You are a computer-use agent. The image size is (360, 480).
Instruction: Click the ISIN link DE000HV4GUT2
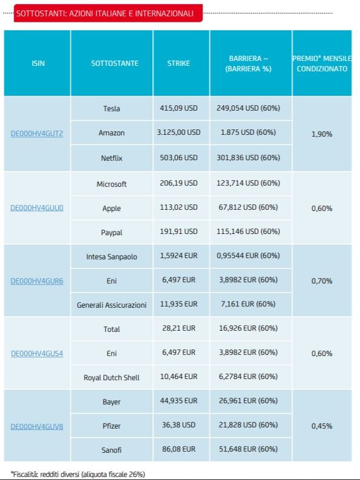37,134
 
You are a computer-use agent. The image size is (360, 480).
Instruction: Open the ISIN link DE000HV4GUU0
37,208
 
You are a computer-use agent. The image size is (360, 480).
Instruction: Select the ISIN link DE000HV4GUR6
37,281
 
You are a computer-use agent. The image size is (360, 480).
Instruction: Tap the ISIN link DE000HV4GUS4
37,354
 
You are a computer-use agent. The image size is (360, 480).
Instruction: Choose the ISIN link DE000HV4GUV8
37,426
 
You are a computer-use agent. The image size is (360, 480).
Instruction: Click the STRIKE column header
178,63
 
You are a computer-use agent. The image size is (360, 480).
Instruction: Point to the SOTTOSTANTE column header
115,63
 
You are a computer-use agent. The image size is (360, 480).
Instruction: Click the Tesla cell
111,108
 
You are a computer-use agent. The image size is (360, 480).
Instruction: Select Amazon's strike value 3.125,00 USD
178,132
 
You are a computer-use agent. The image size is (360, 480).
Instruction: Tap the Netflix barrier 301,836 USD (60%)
248,158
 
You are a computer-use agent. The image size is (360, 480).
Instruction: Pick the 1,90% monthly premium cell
322,134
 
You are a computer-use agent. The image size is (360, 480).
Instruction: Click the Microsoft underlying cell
111,184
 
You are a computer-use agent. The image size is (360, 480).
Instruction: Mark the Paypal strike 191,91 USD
178,232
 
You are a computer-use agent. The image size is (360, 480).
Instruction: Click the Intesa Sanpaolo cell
111,256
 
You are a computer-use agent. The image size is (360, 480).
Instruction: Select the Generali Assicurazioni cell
111,305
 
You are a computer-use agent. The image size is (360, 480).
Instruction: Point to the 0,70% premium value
322,281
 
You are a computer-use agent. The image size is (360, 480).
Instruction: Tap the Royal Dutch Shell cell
111,378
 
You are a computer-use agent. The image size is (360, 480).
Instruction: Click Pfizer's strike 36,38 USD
178,425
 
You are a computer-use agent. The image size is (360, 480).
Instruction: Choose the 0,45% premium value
322,426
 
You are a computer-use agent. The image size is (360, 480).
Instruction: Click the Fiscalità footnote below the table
78,475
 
